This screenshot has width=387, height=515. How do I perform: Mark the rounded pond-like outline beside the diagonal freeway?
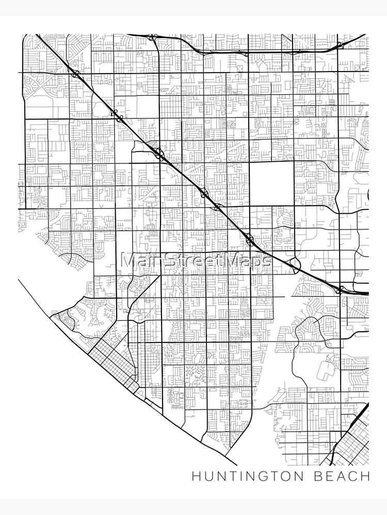[x=98, y=108]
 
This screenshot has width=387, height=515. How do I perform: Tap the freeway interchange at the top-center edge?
[x=152, y=38]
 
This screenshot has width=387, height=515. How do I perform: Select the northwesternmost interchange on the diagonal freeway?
[x=76, y=74]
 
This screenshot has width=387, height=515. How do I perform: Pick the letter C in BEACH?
[x=356, y=476]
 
